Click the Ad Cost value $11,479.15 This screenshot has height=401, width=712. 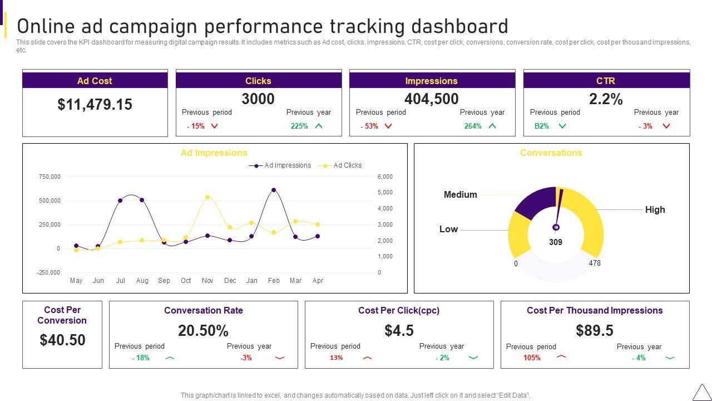tap(95, 105)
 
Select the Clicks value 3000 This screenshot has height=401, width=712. tap(258, 99)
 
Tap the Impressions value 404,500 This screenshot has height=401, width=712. tap(431, 99)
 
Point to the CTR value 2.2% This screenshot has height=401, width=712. tap(606, 99)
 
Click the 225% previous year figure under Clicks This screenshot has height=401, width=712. tap(299, 126)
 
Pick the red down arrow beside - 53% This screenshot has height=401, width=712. tap(388, 126)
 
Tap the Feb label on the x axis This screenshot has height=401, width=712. tap(274, 281)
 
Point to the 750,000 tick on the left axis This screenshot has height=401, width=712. tap(50, 177)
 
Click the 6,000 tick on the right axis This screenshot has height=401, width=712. tap(385, 177)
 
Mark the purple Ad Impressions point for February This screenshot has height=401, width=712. tap(274, 190)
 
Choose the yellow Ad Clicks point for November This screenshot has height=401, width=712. tap(207, 197)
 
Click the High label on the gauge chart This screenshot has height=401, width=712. tap(655, 210)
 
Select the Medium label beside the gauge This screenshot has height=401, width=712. tap(460, 195)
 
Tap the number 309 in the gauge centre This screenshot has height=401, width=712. tap(556, 242)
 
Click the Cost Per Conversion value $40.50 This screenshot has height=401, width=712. tap(62, 340)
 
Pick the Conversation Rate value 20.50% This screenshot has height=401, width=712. tap(203, 331)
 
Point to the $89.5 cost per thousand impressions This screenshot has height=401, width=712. tap(595, 331)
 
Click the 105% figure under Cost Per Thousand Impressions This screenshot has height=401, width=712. tap(532, 358)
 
